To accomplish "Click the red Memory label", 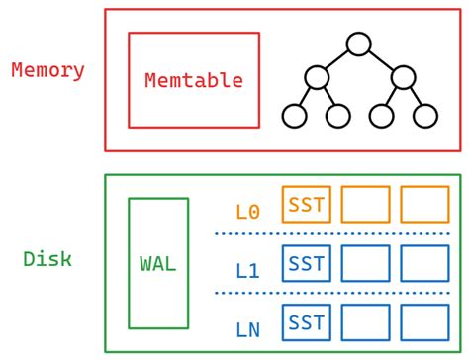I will tap(47, 71).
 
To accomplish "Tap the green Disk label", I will tap(47, 259).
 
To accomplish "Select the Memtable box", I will tap(194, 80).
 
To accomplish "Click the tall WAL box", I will tap(158, 263).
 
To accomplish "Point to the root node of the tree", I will tap(359, 44).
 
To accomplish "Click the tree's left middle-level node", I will tap(317, 76).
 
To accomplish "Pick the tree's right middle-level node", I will tap(403, 76).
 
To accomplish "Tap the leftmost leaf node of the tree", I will tap(294, 116).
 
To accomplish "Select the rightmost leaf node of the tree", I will tap(425, 116).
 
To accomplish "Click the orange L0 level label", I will tap(247, 211).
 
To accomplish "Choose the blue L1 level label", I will tap(247, 269).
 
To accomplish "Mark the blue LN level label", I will tap(247, 329).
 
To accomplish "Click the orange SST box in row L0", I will tap(306, 204).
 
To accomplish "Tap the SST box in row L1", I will tap(306, 263).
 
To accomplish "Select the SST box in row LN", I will tap(306, 322).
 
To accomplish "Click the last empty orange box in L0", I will tap(424, 204).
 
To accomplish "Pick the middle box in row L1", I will tap(365, 263).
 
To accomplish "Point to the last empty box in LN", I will tap(424, 322).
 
